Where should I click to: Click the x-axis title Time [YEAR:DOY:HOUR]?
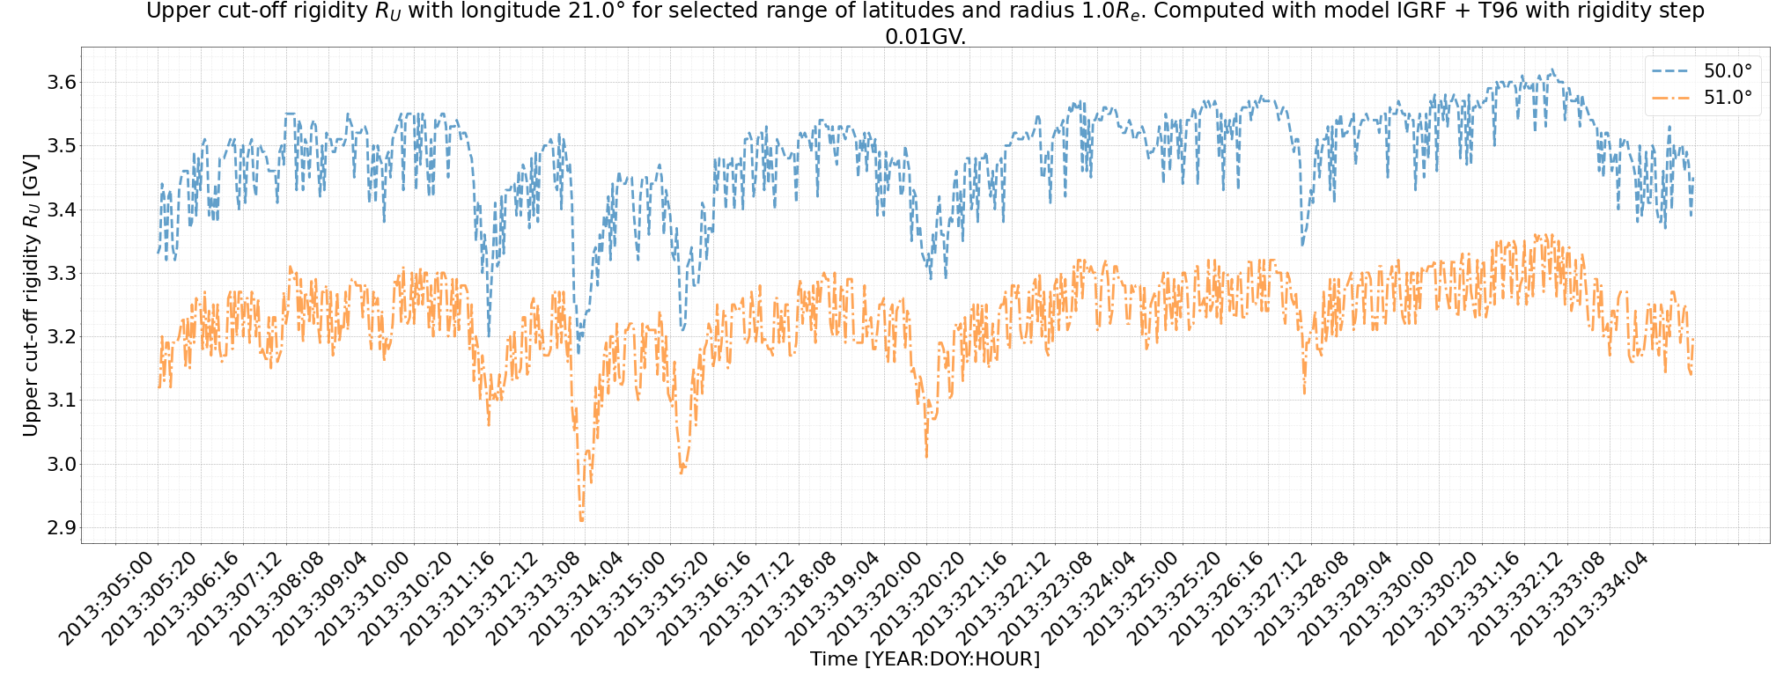point(925,659)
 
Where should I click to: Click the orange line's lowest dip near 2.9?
point(581,521)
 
